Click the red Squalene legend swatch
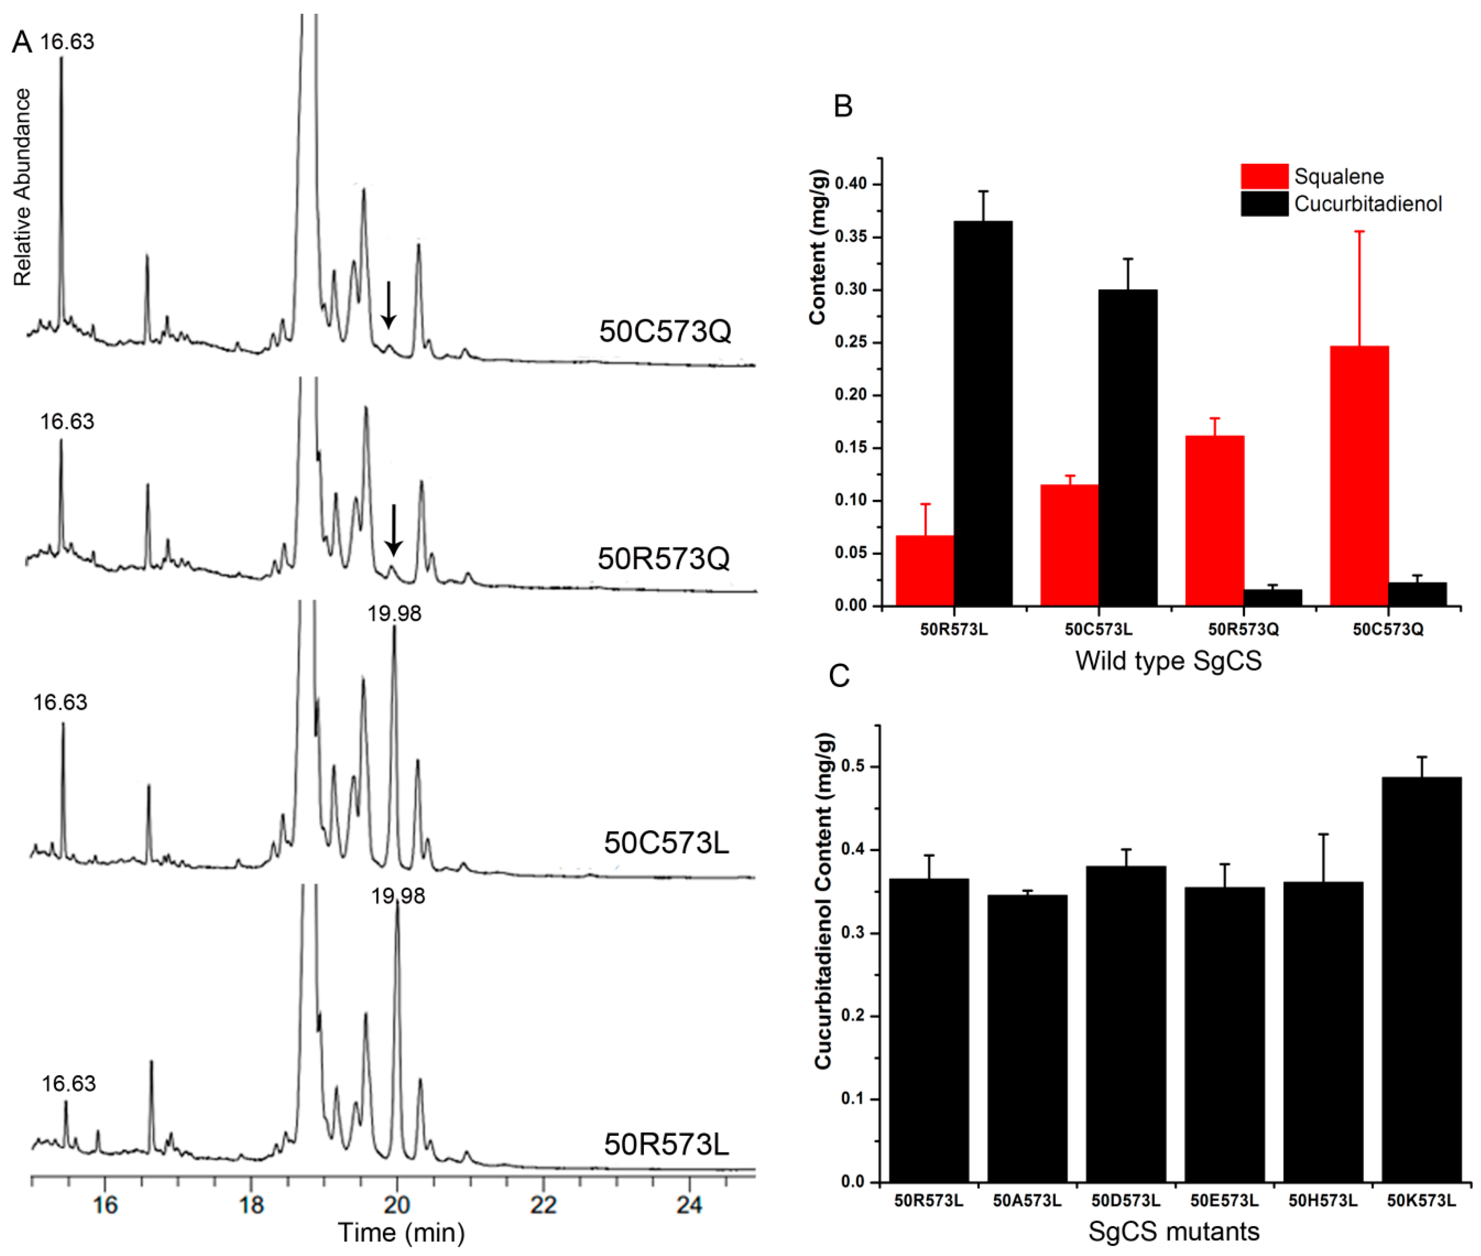(1264, 176)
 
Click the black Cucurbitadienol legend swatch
(1264, 204)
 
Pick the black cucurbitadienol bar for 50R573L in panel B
(983, 413)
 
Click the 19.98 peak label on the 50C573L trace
(394, 614)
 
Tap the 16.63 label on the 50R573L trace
(68, 1084)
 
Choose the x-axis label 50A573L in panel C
(1027, 1200)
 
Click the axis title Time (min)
(401, 1233)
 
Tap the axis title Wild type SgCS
(1168, 661)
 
